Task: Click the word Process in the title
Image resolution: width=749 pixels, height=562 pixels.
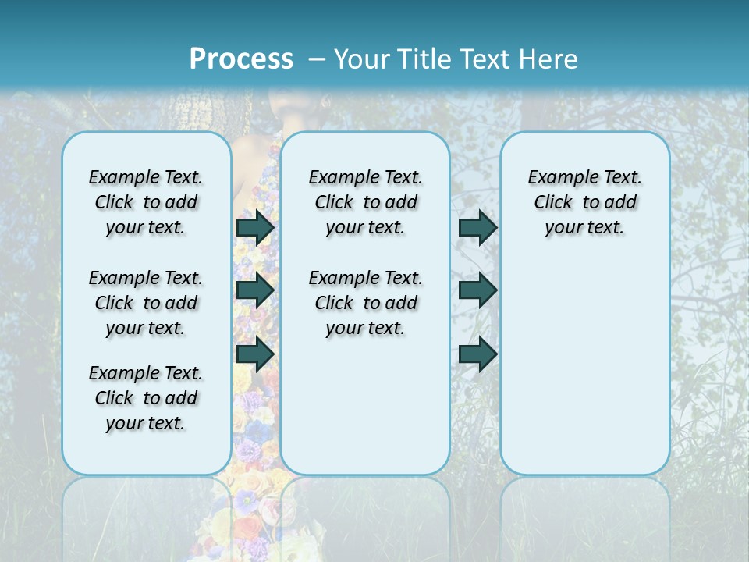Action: (x=241, y=59)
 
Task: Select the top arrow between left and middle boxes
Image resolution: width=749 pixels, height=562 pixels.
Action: (x=255, y=227)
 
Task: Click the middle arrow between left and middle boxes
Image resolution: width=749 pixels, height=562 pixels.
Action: (x=255, y=290)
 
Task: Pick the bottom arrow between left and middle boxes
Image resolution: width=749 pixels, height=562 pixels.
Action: (x=255, y=354)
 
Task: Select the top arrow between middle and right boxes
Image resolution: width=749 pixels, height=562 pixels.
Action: (x=477, y=227)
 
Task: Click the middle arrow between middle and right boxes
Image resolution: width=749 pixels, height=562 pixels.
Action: (x=477, y=290)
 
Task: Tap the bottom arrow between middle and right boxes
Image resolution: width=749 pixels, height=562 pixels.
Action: (x=477, y=354)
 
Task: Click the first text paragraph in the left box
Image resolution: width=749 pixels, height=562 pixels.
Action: (x=146, y=202)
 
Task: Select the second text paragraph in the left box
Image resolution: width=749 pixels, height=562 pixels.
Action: (x=146, y=303)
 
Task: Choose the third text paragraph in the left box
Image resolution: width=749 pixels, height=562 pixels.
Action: (x=146, y=398)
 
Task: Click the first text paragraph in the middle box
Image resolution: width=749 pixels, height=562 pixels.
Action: (x=365, y=202)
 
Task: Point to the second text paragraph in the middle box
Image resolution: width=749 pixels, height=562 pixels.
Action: (x=365, y=303)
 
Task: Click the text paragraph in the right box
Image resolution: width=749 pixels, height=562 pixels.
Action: (x=584, y=202)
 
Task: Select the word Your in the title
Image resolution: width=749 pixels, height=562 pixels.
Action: (x=362, y=59)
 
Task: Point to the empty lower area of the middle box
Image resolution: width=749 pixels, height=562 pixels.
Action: (x=365, y=406)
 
